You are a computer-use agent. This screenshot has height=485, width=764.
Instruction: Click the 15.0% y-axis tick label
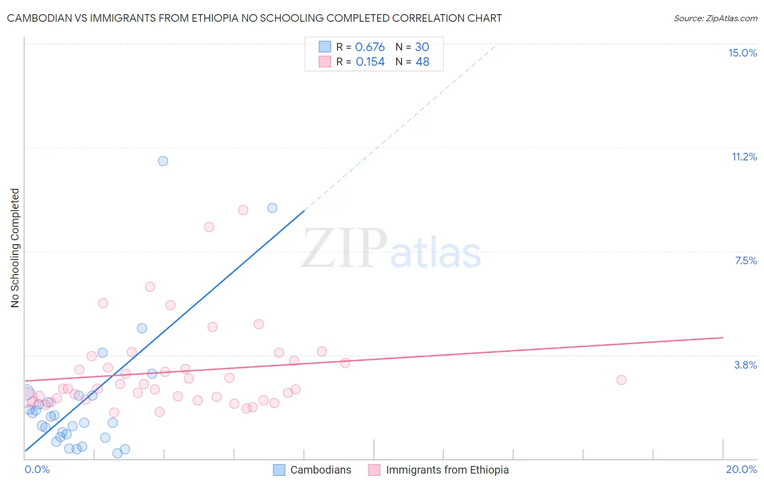pyautogui.click(x=742, y=53)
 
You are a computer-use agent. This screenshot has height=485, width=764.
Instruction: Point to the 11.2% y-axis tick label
pyautogui.click(x=744, y=157)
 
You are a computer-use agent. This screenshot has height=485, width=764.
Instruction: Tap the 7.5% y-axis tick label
pyautogui.click(x=746, y=260)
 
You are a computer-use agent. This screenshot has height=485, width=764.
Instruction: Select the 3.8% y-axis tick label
pyautogui.click(x=746, y=365)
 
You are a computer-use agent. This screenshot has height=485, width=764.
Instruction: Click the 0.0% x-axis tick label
pyautogui.click(x=37, y=469)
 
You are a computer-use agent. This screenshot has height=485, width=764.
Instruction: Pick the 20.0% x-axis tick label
pyautogui.click(x=741, y=469)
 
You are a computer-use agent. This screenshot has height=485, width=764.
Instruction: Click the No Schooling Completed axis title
pyautogui.click(x=15, y=248)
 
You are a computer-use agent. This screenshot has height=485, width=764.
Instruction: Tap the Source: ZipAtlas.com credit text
pyautogui.click(x=715, y=18)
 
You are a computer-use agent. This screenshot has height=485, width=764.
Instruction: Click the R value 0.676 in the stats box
pyautogui.click(x=370, y=47)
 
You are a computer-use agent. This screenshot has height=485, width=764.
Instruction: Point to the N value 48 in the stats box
pyautogui.click(x=422, y=61)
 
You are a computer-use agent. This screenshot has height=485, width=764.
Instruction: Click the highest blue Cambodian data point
pyautogui.click(x=163, y=161)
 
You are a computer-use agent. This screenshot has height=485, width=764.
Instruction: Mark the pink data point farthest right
pyautogui.click(x=621, y=380)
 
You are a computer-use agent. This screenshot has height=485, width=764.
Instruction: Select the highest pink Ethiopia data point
pyautogui.click(x=243, y=210)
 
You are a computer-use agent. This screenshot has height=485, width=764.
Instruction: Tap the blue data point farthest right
pyautogui.click(x=272, y=208)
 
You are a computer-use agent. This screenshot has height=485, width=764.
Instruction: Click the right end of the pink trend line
pyautogui.click(x=723, y=338)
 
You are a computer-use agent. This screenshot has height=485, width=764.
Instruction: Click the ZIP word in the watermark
pyautogui.click(x=345, y=248)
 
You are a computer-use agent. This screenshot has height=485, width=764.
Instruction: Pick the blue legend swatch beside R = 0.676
pyautogui.click(x=325, y=47)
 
